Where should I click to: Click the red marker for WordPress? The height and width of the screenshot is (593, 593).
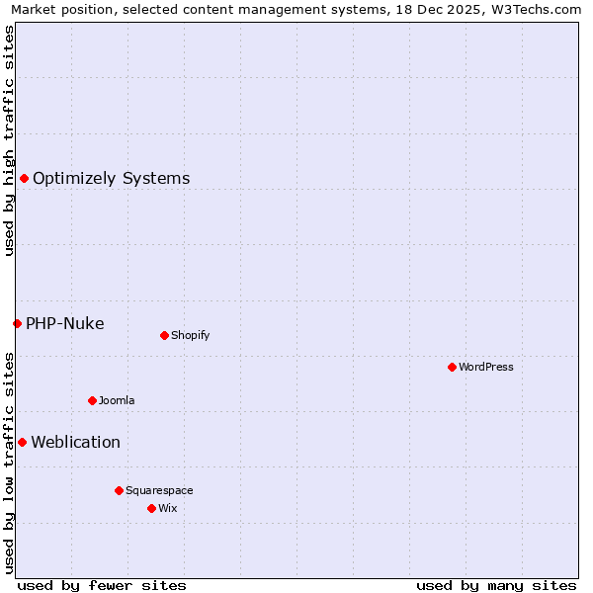coord(452,367)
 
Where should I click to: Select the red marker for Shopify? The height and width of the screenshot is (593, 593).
coord(164,335)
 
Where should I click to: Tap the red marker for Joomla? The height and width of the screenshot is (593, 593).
coord(92,400)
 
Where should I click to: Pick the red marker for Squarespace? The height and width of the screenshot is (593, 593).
coord(119,490)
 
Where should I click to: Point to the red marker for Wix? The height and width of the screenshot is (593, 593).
coord(151,508)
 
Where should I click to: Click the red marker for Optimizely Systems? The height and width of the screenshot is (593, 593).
coord(24,178)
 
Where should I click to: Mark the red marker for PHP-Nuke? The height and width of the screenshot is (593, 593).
coord(17,323)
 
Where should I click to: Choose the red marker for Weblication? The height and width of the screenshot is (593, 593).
coord(22,442)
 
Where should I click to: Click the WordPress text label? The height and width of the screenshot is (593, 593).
coord(486,367)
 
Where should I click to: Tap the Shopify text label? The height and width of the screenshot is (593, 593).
coord(191,335)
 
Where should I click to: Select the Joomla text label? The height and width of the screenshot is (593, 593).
coord(117,400)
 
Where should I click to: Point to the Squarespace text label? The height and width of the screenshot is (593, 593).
coord(159,490)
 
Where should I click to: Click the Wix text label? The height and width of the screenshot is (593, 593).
coord(168,508)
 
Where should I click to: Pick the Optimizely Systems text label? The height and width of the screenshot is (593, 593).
coord(112,178)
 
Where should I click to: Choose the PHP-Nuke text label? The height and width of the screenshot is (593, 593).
coord(65,323)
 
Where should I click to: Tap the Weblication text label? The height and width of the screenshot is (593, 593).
coord(76,442)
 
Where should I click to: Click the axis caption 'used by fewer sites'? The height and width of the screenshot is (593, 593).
coord(102,585)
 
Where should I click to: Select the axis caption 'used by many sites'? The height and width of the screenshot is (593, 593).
coord(496,585)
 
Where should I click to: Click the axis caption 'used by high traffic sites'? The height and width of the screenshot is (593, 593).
coord(10,140)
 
